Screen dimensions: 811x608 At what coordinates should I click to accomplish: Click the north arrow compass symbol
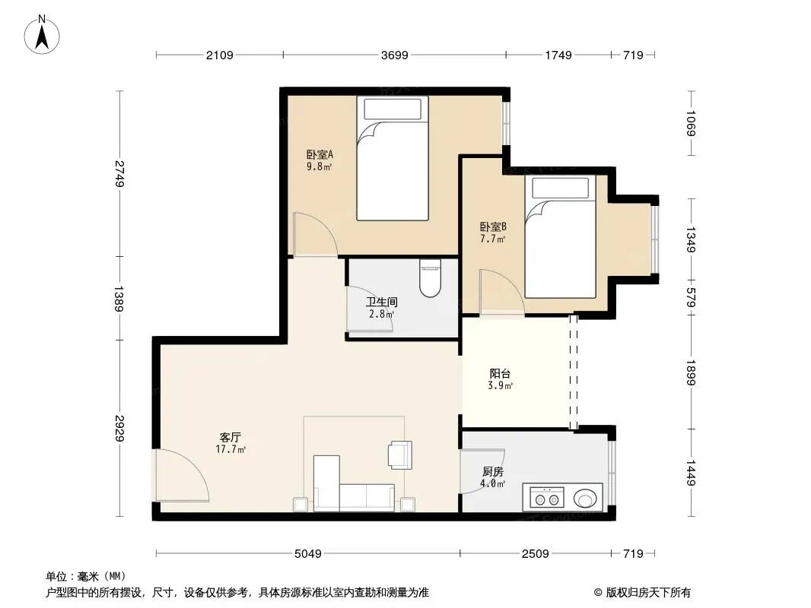click(42, 35)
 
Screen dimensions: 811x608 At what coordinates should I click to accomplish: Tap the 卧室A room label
click(320, 154)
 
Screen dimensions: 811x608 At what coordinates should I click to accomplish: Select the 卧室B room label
click(493, 226)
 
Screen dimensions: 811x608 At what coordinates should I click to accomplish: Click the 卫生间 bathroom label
click(382, 302)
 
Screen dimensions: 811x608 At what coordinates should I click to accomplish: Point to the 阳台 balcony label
click(500, 373)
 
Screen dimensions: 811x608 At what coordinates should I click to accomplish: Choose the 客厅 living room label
click(231, 438)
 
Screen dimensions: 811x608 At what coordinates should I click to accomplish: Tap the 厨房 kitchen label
click(493, 472)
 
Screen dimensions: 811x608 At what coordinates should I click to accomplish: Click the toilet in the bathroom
click(431, 278)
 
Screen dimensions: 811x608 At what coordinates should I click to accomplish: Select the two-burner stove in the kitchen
click(547, 498)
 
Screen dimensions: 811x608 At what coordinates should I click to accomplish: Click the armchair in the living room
click(401, 454)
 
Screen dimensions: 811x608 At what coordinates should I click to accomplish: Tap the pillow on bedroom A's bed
click(393, 109)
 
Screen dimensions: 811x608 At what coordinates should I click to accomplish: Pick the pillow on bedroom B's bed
click(560, 188)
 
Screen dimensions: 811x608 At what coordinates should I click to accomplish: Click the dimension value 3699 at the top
click(395, 55)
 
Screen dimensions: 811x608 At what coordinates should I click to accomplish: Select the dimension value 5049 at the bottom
click(308, 554)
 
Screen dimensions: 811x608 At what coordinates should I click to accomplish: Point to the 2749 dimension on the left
click(119, 173)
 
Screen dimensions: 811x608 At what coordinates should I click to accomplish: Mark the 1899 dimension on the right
click(691, 372)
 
